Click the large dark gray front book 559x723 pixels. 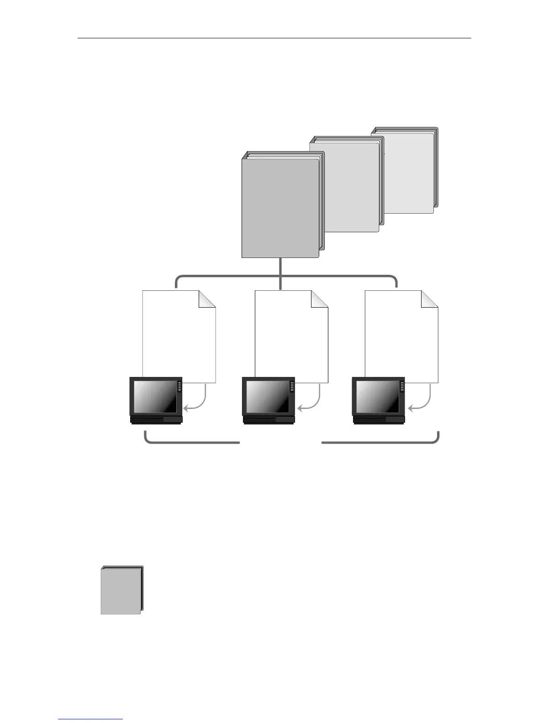pos(280,208)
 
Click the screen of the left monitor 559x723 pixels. pos(154,395)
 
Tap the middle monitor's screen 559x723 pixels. pos(267,395)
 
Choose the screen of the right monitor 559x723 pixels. pos(377,395)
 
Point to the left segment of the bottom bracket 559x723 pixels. pos(192,442)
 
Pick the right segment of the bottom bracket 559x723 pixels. pos(379,442)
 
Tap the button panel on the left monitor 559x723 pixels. pos(179,386)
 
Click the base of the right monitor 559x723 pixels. pos(379,420)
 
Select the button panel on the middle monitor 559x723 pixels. pos(292,386)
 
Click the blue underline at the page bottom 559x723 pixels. pos(90,719)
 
